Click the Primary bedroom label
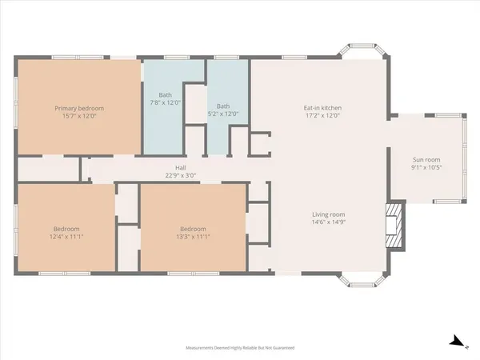tap(79, 108)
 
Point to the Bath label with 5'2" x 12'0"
tap(223, 106)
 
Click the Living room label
tap(328, 214)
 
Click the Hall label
tap(180, 167)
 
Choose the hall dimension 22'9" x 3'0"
tap(180, 175)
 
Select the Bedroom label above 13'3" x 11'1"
tap(193, 228)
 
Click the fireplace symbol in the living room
tap(394, 226)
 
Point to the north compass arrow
tap(458, 342)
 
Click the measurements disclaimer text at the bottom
tap(240, 349)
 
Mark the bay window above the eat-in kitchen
tap(364, 52)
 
